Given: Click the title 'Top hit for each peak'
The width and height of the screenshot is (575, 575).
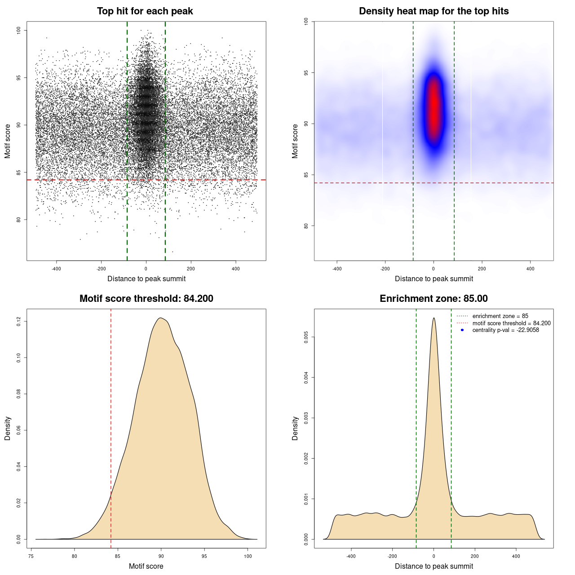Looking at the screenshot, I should tap(145, 11).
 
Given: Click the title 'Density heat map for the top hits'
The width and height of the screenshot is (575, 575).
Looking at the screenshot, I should tap(433, 11).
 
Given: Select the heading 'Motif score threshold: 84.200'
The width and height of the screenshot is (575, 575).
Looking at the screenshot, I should tap(146, 299).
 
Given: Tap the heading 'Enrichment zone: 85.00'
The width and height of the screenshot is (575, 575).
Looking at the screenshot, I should tap(433, 299).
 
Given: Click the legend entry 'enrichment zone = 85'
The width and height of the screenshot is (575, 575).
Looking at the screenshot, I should tap(500, 316).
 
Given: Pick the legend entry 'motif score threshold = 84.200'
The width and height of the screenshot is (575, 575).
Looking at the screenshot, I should tap(511, 323).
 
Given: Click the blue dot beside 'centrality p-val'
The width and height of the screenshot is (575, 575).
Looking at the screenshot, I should tap(462, 330).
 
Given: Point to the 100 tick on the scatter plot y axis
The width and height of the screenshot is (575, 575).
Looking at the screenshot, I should tap(19, 31).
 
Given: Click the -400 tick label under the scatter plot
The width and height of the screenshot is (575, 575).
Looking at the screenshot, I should tap(56, 269).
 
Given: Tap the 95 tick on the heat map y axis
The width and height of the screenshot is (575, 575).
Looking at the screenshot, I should tap(306, 73).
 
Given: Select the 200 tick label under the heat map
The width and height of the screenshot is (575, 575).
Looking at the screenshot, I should tap(482, 269).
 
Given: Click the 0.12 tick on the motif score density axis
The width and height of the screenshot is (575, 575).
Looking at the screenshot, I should tap(19, 322).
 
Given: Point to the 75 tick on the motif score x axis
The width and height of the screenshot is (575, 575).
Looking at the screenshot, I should tap(31, 556).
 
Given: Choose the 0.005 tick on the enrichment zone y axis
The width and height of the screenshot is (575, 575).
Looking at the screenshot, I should tap(306, 337).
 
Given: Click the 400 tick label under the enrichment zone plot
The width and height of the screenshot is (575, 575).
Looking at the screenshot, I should tap(516, 556).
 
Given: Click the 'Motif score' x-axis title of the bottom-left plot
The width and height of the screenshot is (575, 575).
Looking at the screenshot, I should tap(146, 566).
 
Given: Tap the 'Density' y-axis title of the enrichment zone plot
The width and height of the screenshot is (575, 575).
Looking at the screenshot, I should tap(295, 428).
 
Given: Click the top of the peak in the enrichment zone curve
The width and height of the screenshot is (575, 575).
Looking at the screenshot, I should tap(433, 318).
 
